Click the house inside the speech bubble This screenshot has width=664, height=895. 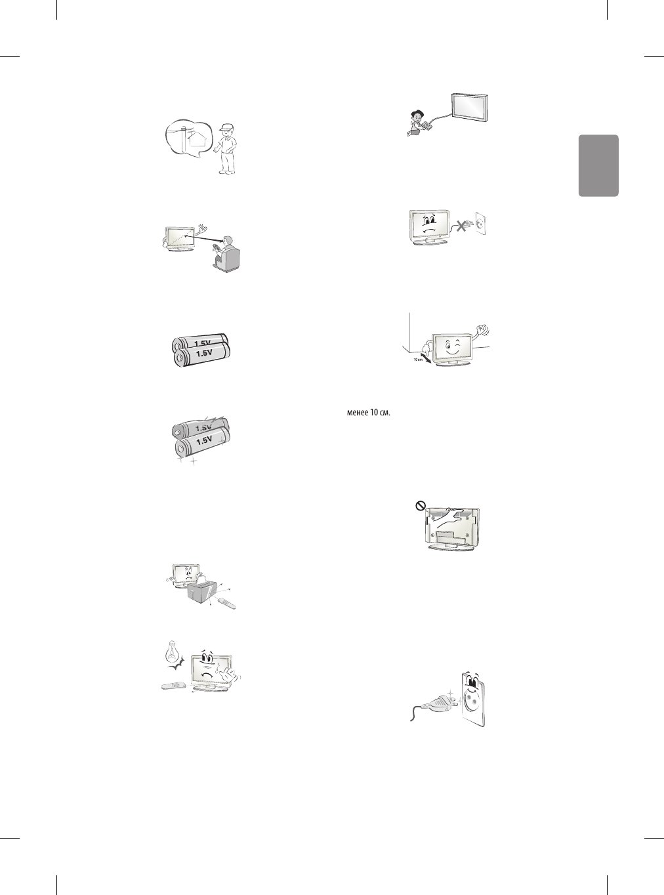[x=192, y=142]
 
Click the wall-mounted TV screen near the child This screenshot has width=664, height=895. [x=470, y=107]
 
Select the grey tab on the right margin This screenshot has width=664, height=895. [x=598, y=165]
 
